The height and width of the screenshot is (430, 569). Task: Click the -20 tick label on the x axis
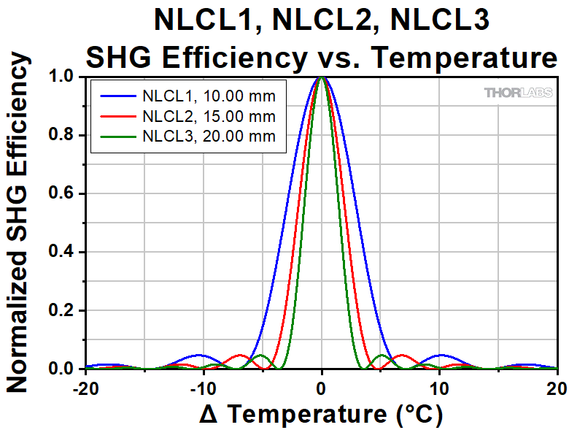pyautogui.click(x=85, y=386)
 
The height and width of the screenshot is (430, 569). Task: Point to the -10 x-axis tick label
pyautogui.click(x=204, y=386)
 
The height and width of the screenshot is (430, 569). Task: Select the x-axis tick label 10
pyautogui.click(x=440, y=386)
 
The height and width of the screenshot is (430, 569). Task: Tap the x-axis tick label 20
pyautogui.click(x=557, y=386)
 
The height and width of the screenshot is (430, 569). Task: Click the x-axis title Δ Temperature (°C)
pyautogui.click(x=321, y=414)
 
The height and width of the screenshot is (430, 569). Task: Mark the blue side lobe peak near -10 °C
pyautogui.click(x=200, y=355)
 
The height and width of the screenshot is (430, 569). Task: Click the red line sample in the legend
pyautogui.click(x=116, y=115)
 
